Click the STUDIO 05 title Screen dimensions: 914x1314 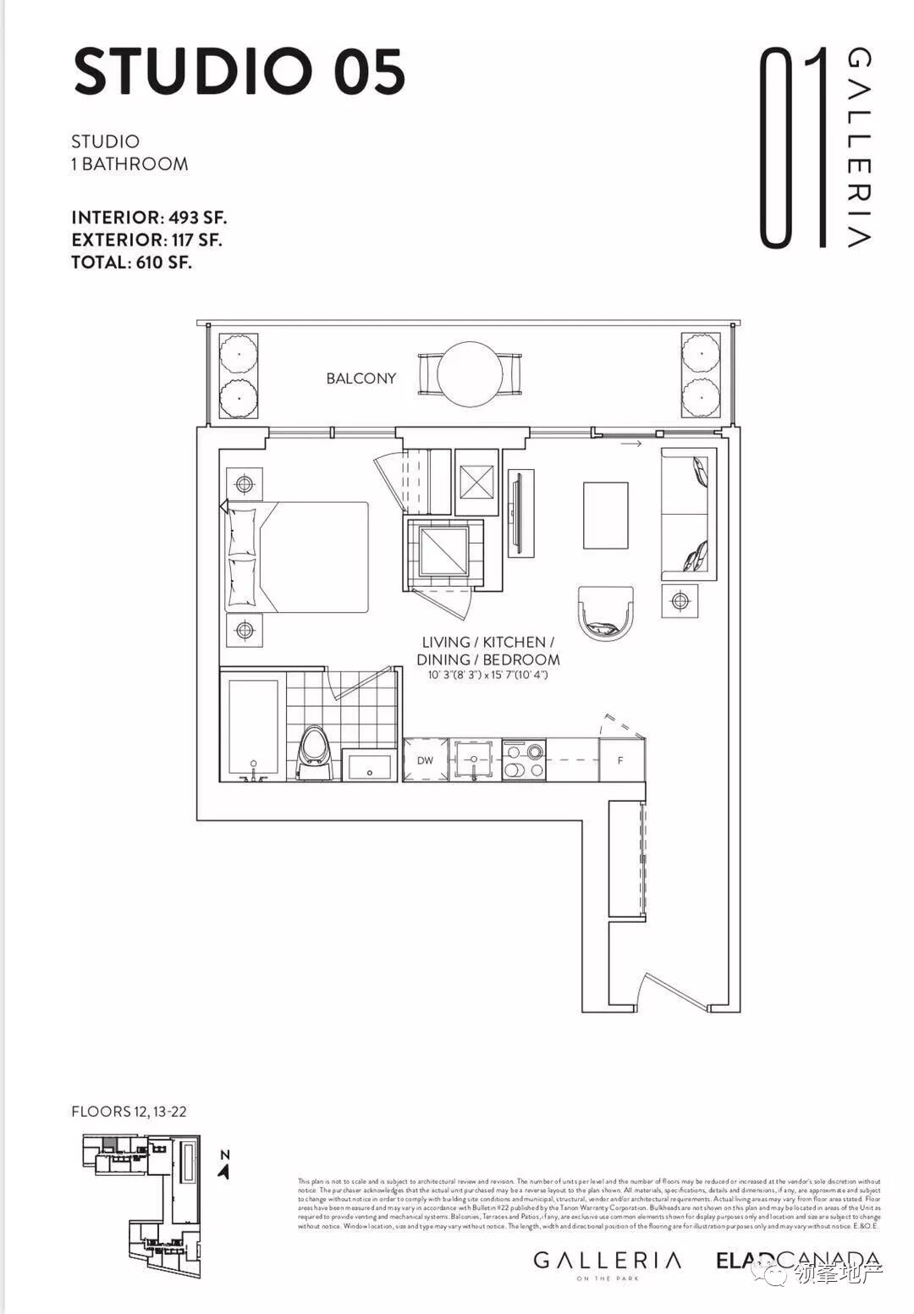[239, 73]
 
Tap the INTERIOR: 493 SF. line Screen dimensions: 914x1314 [149, 218]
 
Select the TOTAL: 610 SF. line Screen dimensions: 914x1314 [131, 262]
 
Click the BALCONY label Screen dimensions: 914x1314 [361, 378]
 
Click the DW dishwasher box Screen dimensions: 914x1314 [425, 759]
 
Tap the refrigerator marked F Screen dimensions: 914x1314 [621, 759]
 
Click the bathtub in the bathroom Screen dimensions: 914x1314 [253, 726]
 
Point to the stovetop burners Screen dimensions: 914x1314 [524, 759]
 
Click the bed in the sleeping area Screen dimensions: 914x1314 [296, 556]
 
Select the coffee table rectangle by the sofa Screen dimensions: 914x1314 [605, 515]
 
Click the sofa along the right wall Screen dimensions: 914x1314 [688, 514]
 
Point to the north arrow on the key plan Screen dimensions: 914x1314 [224, 1170]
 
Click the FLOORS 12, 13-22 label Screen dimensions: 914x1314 [129, 1112]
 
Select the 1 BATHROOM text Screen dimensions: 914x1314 [129, 164]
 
